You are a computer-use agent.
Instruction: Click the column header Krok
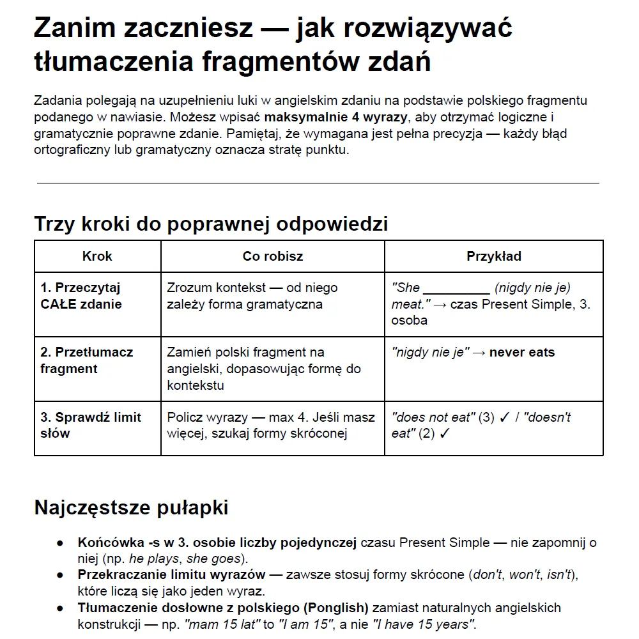(x=97, y=256)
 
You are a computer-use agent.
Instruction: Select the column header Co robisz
(x=273, y=256)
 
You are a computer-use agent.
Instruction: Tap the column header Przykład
(x=493, y=256)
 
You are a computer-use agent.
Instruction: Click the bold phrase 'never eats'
(x=522, y=352)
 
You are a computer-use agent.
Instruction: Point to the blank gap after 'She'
(x=456, y=288)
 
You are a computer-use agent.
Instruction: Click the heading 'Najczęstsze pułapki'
(x=131, y=507)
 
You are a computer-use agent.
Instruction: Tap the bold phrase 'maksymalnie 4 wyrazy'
(x=337, y=117)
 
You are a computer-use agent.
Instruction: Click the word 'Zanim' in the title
(x=74, y=29)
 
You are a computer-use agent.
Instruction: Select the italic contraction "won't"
(x=524, y=574)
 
